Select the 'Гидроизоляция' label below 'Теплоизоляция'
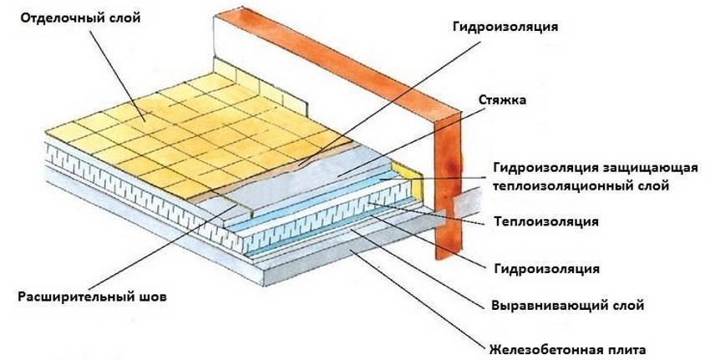coord(546,269)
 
